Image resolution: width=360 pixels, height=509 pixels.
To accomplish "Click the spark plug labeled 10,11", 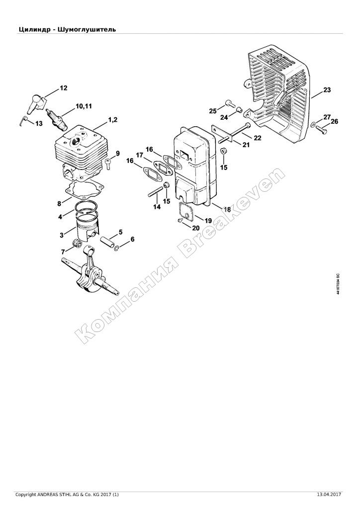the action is click(57, 118).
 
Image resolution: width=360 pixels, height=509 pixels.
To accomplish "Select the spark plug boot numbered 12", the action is click(35, 103).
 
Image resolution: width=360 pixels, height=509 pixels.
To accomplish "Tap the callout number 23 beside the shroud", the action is click(327, 89).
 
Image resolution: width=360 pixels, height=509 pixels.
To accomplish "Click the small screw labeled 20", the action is click(180, 220).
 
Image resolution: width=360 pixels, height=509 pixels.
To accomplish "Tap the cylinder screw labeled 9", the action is click(108, 163).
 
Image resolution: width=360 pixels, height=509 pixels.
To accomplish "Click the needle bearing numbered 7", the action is click(77, 244).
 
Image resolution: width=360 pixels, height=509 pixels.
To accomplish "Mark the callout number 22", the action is click(257, 138).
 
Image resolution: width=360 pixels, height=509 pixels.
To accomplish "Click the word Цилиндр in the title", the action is click(35, 29).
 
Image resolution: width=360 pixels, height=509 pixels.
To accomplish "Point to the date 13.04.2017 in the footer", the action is click(329, 504).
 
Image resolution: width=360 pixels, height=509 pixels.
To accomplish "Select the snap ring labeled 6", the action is click(117, 248).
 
